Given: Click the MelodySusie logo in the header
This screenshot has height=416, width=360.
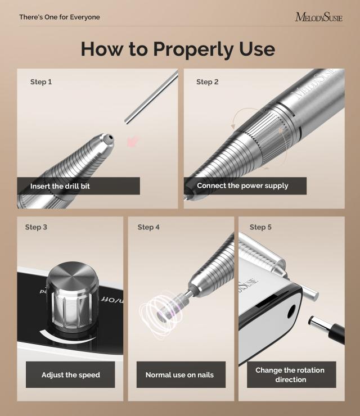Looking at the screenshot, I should point(318,17).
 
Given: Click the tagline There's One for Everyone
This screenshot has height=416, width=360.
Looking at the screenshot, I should point(60,17).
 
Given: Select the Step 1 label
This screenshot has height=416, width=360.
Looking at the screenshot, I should point(41,82).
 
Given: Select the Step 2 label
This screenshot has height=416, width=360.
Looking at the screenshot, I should point(208,82).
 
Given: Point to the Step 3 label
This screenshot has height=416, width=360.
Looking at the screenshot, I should point(36,227).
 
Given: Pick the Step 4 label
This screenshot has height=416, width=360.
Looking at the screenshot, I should point(148,227).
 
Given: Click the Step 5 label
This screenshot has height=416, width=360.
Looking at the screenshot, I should point(260,227).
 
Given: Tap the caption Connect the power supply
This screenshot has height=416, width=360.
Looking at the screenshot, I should point(242,186).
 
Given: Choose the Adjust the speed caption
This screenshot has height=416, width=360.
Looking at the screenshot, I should point(70,375).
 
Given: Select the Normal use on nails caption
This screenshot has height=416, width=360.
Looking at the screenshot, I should point(179,375).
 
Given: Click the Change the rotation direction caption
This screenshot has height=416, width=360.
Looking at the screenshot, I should point(290,375).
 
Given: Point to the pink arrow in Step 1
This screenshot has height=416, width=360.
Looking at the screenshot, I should point(133,141).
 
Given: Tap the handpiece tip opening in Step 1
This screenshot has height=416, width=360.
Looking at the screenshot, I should point(110,137).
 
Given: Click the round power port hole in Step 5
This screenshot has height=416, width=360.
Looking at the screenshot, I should point(291,311).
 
